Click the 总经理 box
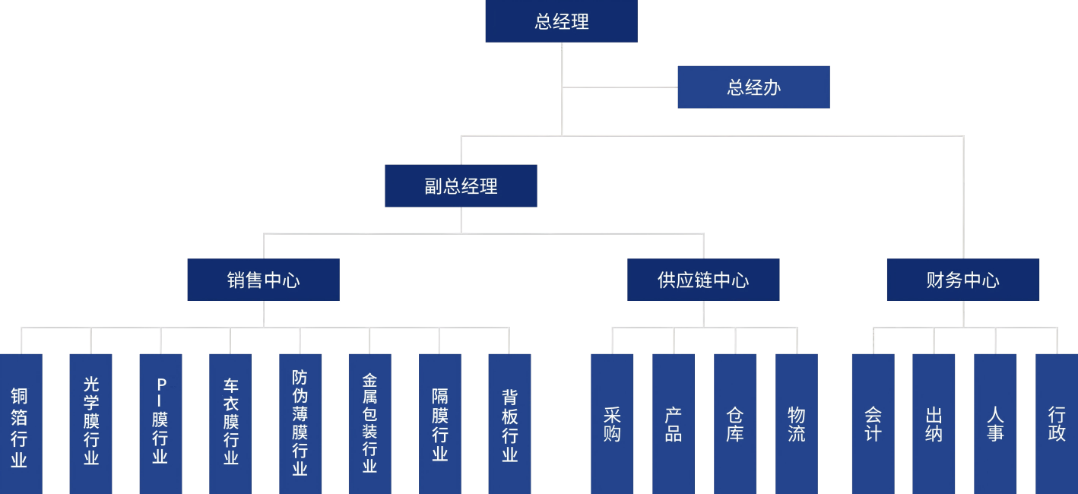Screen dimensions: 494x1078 [561, 21]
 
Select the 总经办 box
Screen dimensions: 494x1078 [753, 87]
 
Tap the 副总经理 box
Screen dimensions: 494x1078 [461, 186]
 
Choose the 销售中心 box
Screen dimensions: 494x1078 [263, 280]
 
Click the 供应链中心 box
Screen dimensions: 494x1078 [703, 280]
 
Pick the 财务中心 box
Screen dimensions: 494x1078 [962, 280]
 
